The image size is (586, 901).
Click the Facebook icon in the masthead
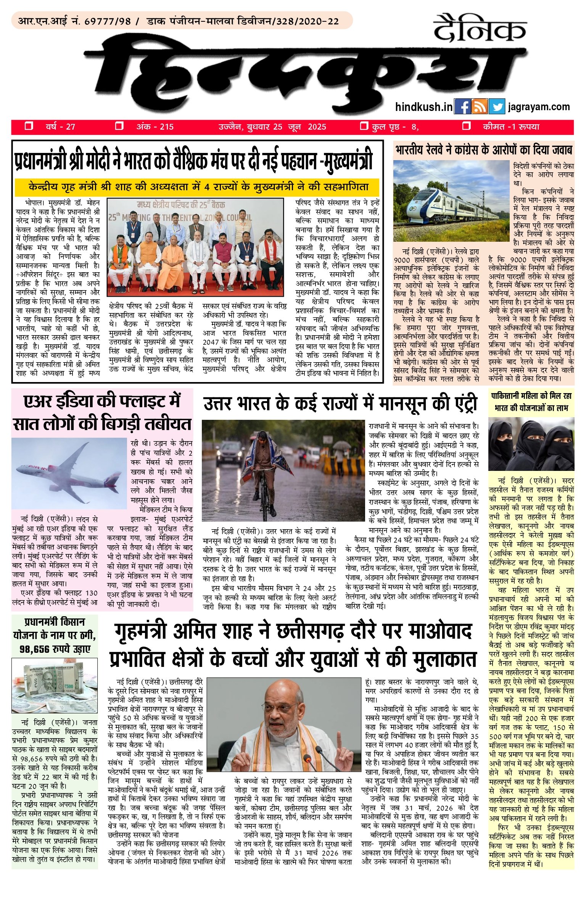pyautogui.click(x=463, y=107)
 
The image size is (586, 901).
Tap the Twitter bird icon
pyautogui.click(x=497, y=107)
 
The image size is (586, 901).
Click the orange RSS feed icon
pyautogui.click(x=480, y=107)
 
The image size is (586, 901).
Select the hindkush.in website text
pyautogui.click(x=424, y=107)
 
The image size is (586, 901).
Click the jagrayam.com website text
pyautogui.click(x=539, y=107)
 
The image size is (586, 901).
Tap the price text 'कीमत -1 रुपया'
pyautogui.click(x=511, y=127)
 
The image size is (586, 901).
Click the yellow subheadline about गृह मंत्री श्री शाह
pyautogui.click(x=198, y=187)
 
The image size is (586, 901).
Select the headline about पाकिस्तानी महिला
pyautogui.click(x=531, y=402)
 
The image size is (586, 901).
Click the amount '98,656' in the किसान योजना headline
pyautogui.click(x=36, y=649)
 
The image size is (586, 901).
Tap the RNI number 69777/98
pyautogui.click(x=107, y=21)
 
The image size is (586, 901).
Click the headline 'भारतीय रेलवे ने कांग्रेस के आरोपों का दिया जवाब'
pyautogui.click(x=484, y=149)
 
